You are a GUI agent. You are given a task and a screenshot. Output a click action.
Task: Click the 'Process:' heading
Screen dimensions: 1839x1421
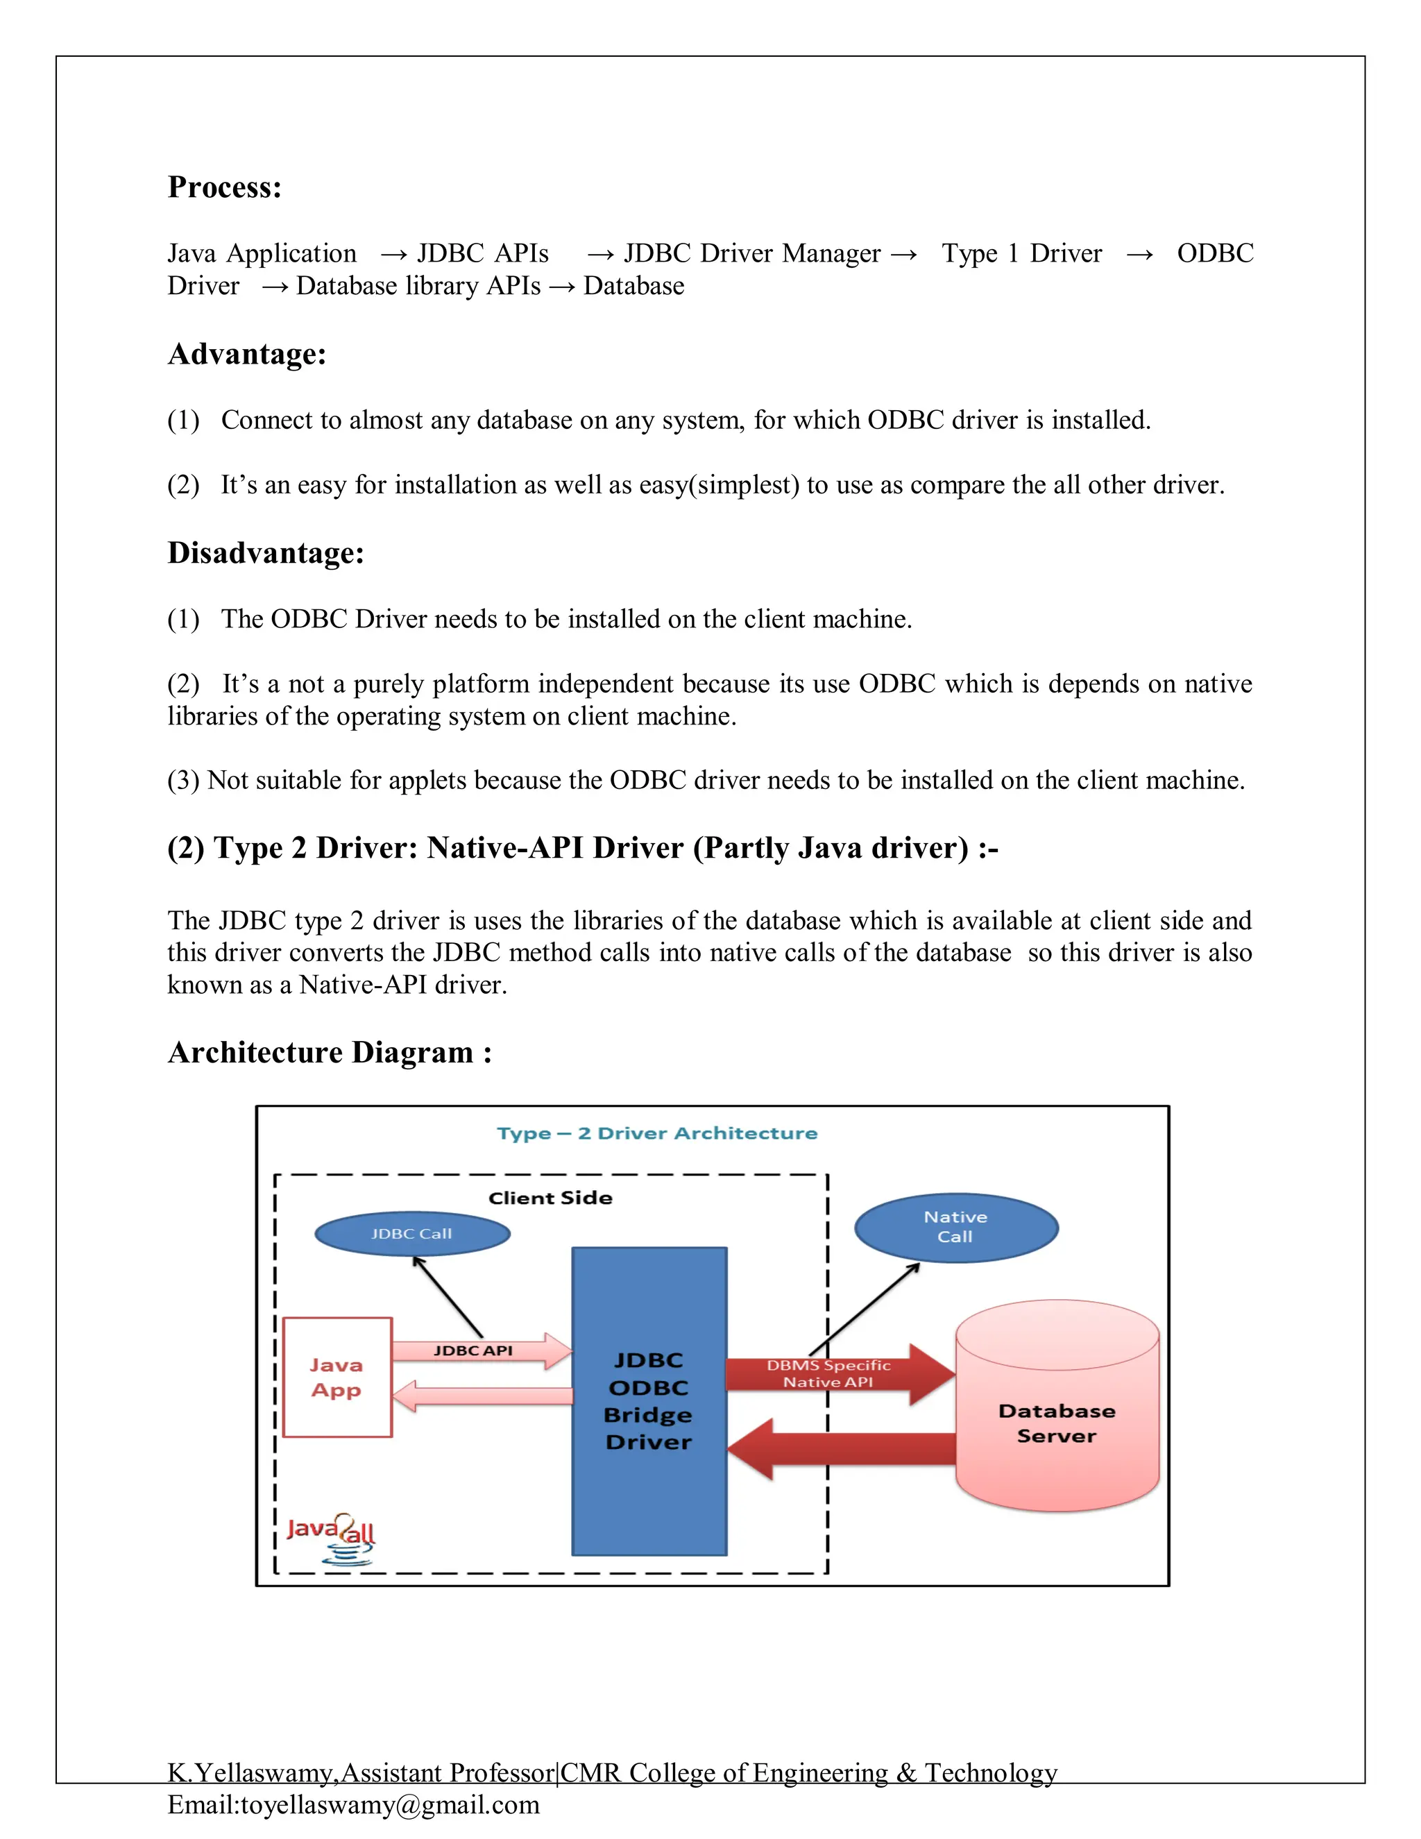224,187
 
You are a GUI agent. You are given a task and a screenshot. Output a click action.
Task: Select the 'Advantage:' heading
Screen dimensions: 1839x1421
246,354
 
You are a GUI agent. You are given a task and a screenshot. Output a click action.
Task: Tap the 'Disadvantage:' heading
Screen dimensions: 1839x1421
265,553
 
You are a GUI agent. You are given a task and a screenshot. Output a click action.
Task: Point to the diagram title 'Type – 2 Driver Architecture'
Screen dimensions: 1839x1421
656,1133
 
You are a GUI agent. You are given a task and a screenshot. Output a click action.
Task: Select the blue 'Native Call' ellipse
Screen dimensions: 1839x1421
955,1227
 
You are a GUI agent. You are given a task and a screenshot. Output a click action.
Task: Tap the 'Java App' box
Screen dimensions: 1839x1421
337,1377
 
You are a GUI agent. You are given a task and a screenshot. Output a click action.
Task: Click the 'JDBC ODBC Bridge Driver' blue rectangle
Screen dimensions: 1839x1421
648,1401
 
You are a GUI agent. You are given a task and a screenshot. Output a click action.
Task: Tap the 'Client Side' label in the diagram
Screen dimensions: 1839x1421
550,1197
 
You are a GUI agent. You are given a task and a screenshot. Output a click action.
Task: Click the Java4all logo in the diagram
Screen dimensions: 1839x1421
331,1539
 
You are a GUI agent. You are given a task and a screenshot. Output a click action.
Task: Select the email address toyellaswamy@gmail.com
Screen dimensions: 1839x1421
390,1804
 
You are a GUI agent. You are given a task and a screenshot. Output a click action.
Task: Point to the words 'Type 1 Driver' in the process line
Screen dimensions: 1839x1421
1021,253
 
